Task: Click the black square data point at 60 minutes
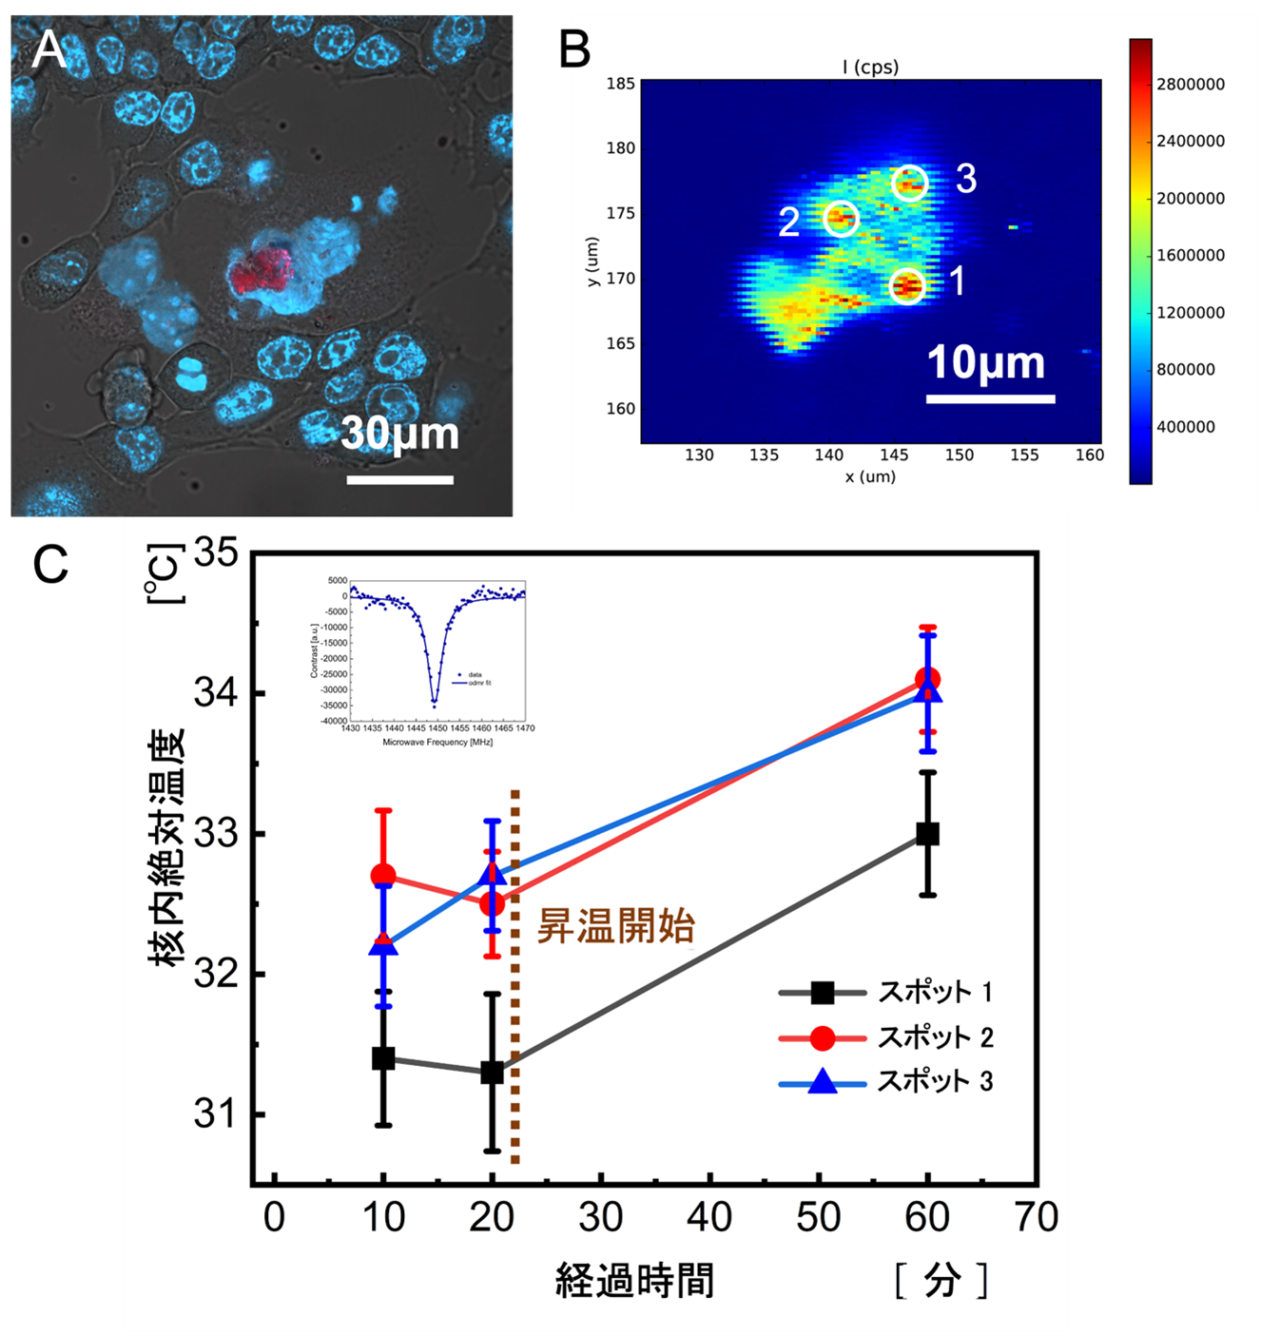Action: click(x=927, y=834)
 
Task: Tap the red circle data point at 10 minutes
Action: click(x=383, y=876)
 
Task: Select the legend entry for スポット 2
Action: click(x=936, y=1037)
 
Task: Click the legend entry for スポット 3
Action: click(x=936, y=1081)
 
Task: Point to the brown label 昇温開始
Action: click(x=616, y=925)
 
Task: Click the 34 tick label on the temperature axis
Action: click(x=216, y=693)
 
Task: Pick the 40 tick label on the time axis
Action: click(x=709, y=1217)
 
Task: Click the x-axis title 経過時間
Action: click(x=634, y=1280)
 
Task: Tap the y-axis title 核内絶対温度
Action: click(x=166, y=847)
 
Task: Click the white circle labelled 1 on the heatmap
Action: click(x=907, y=285)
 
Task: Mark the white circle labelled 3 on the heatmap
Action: click(x=910, y=182)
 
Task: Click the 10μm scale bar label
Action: click(x=986, y=362)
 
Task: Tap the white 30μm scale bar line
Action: click(x=399, y=479)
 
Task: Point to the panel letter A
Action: click(x=48, y=49)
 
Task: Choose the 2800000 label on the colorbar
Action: click(x=1191, y=85)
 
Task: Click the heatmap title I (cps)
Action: click(x=870, y=67)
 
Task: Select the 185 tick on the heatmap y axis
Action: click(x=620, y=84)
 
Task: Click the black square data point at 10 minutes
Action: click(x=383, y=1058)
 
